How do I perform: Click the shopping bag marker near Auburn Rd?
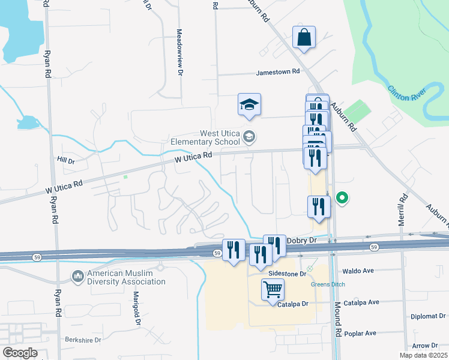[x=304, y=37]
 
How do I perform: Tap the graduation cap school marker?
[x=249, y=105]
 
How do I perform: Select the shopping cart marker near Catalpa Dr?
[x=273, y=290]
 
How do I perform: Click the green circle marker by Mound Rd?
[x=342, y=197]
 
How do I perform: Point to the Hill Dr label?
[x=65, y=161]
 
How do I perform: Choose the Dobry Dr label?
[x=301, y=240]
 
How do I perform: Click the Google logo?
[x=20, y=352]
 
